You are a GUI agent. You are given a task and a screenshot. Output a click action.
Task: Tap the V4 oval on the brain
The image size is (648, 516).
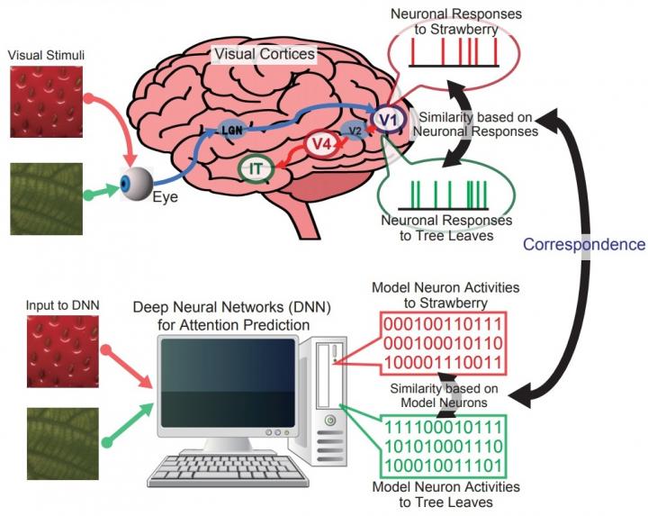click(x=320, y=143)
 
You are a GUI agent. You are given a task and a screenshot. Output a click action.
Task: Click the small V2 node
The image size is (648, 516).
click(x=355, y=130)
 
